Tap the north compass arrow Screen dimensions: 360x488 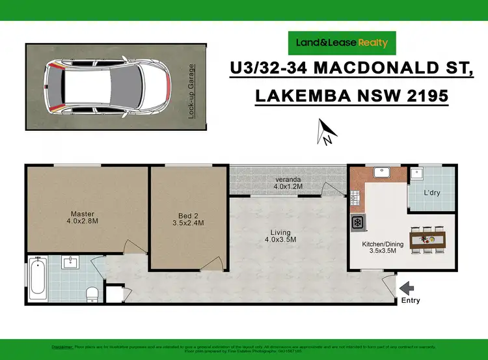pos(325,132)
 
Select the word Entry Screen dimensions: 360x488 pos(411,301)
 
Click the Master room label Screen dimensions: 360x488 pos(83,214)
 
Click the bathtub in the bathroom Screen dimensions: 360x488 pos(37,279)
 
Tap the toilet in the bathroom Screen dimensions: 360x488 pos(92,294)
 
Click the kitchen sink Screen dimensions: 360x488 pos(381,173)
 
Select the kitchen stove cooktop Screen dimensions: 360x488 pos(358,223)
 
